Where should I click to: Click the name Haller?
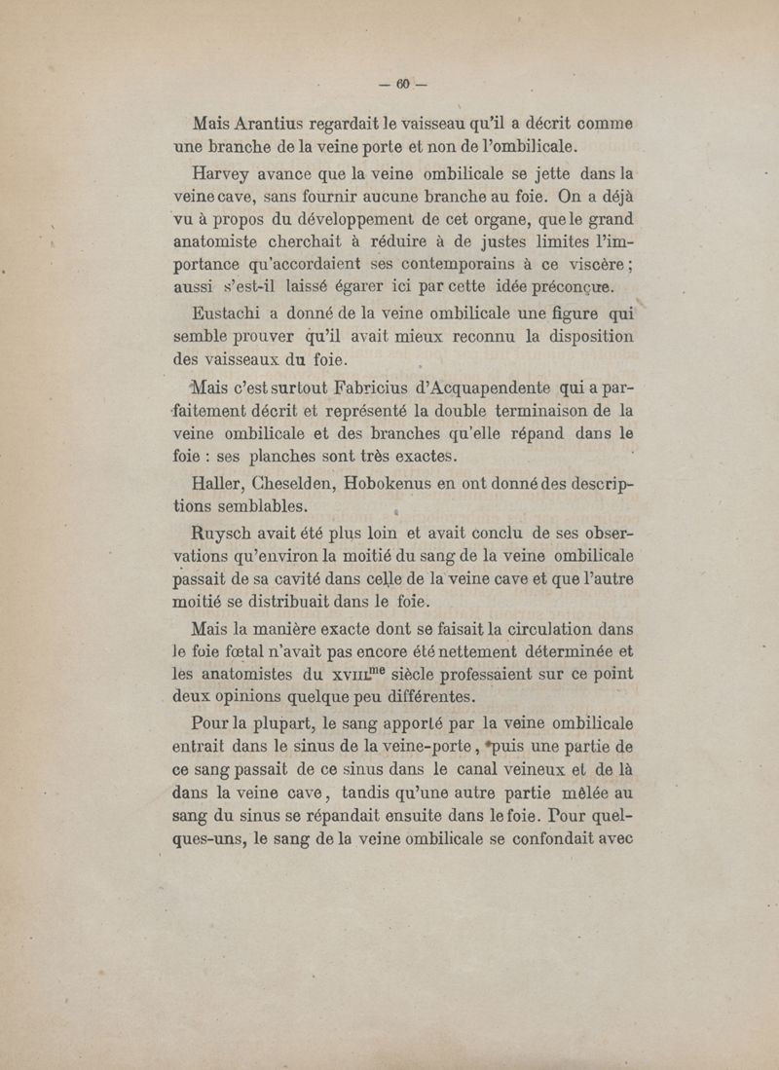(220, 484)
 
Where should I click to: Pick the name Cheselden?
(292, 484)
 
